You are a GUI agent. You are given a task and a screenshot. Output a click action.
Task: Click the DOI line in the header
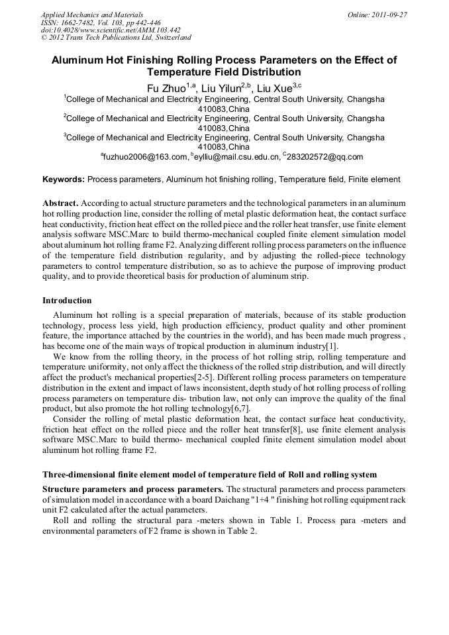pos(110,30)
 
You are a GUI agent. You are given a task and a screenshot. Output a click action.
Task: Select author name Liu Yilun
pos(223,88)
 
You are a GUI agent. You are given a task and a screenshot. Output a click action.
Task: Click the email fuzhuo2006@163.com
pos(146,157)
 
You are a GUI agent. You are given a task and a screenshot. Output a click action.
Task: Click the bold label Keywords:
pos(64,179)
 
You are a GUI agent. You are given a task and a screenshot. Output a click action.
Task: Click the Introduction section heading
pos(67,301)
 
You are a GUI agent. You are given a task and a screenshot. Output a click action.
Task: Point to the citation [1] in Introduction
pos(332,346)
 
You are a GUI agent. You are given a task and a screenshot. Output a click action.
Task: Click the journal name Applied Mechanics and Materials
pos(91,15)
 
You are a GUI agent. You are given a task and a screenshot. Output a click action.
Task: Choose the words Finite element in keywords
pos(375,179)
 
